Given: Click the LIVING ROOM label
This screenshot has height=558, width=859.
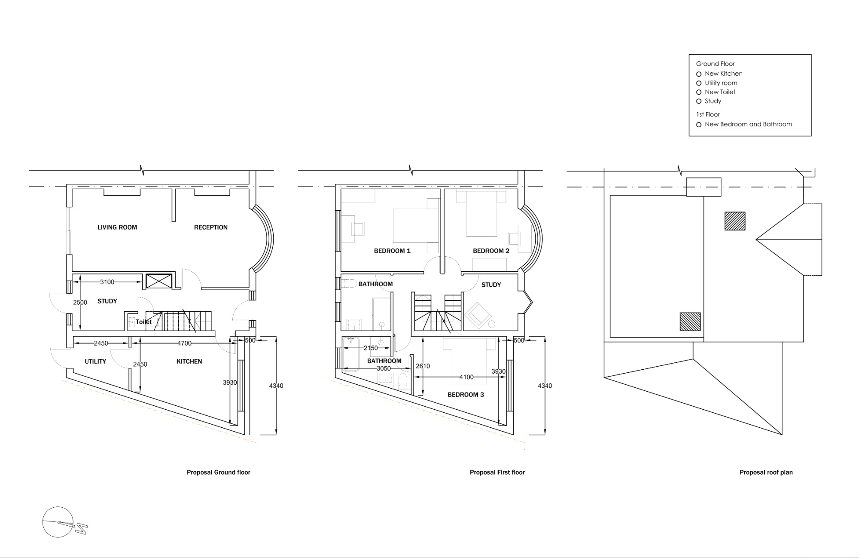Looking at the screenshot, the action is click(x=117, y=227).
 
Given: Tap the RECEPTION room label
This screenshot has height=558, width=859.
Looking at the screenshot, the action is click(x=211, y=227).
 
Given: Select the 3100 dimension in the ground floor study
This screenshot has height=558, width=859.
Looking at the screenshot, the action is click(x=107, y=282).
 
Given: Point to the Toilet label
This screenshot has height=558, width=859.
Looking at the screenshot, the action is click(x=143, y=322).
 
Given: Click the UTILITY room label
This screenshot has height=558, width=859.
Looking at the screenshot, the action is click(x=95, y=362).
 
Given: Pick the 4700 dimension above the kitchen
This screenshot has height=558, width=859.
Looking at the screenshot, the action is click(x=185, y=343).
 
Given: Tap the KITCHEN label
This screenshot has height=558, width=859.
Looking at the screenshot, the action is click(x=189, y=362).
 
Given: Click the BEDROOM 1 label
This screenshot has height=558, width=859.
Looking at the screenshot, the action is click(x=392, y=251).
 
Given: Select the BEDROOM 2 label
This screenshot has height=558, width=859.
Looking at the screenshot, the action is click(x=491, y=251).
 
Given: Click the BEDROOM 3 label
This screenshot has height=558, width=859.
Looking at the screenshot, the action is click(x=466, y=395).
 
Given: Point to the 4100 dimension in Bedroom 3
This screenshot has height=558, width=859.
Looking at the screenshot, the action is click(x=466, y=377).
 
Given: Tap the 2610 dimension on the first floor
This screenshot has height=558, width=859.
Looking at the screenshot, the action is click(x=423, y=366).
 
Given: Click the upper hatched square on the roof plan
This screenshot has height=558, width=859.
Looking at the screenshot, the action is click(x=735, y=221).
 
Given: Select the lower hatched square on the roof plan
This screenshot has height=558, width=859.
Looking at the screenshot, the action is click(x=690, y=322).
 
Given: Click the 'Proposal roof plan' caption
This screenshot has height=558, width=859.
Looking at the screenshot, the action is click(x=766, y=472).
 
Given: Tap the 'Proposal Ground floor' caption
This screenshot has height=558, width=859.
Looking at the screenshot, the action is click(x=218, y=472).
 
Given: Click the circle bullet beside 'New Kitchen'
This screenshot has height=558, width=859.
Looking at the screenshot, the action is click(x=699, y=74).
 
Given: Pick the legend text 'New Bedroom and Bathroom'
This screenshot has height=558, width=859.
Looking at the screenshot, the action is click(x=748, y=124).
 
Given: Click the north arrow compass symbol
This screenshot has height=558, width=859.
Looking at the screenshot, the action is click(x=64, y=522).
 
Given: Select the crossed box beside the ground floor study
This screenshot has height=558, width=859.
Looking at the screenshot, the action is click(x=159, y=281).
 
